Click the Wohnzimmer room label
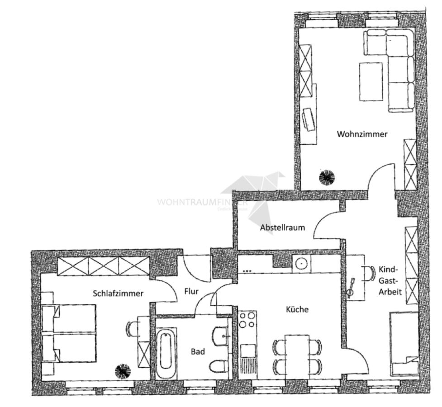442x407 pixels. click(362, 134)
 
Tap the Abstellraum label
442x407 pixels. click(282, 227)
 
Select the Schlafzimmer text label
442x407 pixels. click(118, 293)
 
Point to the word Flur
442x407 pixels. click(191, 292)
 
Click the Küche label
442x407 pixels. click(297, 310)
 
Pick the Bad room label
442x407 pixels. click(197, 351)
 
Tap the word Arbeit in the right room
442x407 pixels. click(390, 292)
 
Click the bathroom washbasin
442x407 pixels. click(221, 336)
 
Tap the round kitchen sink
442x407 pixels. click(301, 262)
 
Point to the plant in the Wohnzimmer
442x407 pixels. click(326, 178)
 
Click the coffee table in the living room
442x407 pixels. click(371, 81)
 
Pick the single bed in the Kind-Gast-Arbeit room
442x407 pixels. click(404, 344)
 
